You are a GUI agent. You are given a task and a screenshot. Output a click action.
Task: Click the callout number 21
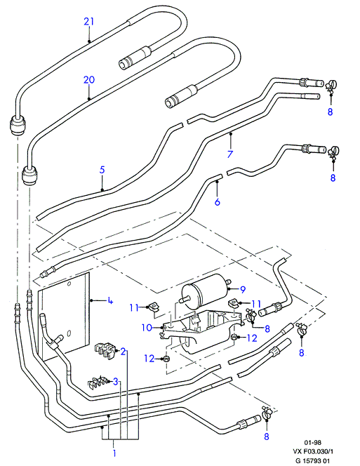[x=89, y=21]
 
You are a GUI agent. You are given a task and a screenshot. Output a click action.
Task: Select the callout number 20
[x=89, y=79]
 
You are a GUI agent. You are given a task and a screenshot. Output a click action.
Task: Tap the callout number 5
[x=102, y=170]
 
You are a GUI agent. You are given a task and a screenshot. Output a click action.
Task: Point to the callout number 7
[x=229, y=154]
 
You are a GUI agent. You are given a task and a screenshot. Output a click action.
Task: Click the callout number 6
[x=218, y=202]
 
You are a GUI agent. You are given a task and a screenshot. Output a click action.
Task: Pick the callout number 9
[x=243, y=289]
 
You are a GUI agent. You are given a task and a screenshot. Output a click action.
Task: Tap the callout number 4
[x=110, y=301]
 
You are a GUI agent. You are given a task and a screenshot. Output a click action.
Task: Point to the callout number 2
[x=123, y=352]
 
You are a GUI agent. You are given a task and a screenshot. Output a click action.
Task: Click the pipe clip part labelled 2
[x=105, y=352]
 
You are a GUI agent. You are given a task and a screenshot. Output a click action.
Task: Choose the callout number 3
[x=116, y=381]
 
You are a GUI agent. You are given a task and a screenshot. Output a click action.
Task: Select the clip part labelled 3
[x=98, y=382]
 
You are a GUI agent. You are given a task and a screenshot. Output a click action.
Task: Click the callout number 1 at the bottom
[x=114, y=453]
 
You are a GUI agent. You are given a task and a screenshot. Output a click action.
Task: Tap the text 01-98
[x=312, y=443]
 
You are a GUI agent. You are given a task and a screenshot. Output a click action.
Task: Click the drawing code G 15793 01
[x=311, y=460]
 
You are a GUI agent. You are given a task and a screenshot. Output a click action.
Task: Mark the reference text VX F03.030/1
[x=313, y=452]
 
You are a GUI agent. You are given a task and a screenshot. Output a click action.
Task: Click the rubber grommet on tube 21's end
[x=18, y=126]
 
